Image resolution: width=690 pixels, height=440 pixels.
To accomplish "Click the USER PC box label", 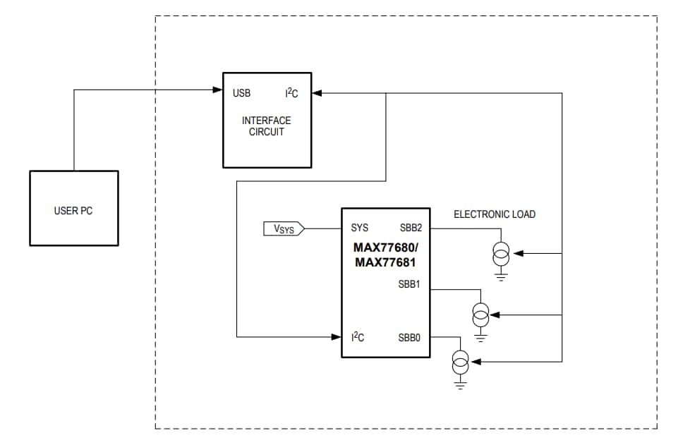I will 73,210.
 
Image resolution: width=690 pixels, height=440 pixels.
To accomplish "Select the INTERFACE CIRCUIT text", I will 267,126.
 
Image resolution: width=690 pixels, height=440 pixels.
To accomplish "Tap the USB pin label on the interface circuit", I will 241,93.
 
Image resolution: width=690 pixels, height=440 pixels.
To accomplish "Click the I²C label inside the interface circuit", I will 291,93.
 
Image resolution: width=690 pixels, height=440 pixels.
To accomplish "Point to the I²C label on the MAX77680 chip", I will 358,338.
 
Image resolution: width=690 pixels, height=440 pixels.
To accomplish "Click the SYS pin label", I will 359,228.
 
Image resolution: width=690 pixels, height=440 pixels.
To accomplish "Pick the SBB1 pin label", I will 409,284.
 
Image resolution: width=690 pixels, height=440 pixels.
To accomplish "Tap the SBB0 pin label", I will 409,338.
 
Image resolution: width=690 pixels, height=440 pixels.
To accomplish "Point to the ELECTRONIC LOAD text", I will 494,214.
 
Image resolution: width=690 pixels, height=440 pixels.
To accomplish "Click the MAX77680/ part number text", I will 385,248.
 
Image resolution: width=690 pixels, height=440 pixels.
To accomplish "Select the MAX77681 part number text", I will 385,262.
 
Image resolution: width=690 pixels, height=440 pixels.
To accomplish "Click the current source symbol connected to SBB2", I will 501,252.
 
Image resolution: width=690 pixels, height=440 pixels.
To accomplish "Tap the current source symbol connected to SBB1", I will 480,312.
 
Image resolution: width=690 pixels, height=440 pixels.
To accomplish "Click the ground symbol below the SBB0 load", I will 460,385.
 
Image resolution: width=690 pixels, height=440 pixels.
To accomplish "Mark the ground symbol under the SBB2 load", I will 501,276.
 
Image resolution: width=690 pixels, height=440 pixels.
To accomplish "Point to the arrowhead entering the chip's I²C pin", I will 337,337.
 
